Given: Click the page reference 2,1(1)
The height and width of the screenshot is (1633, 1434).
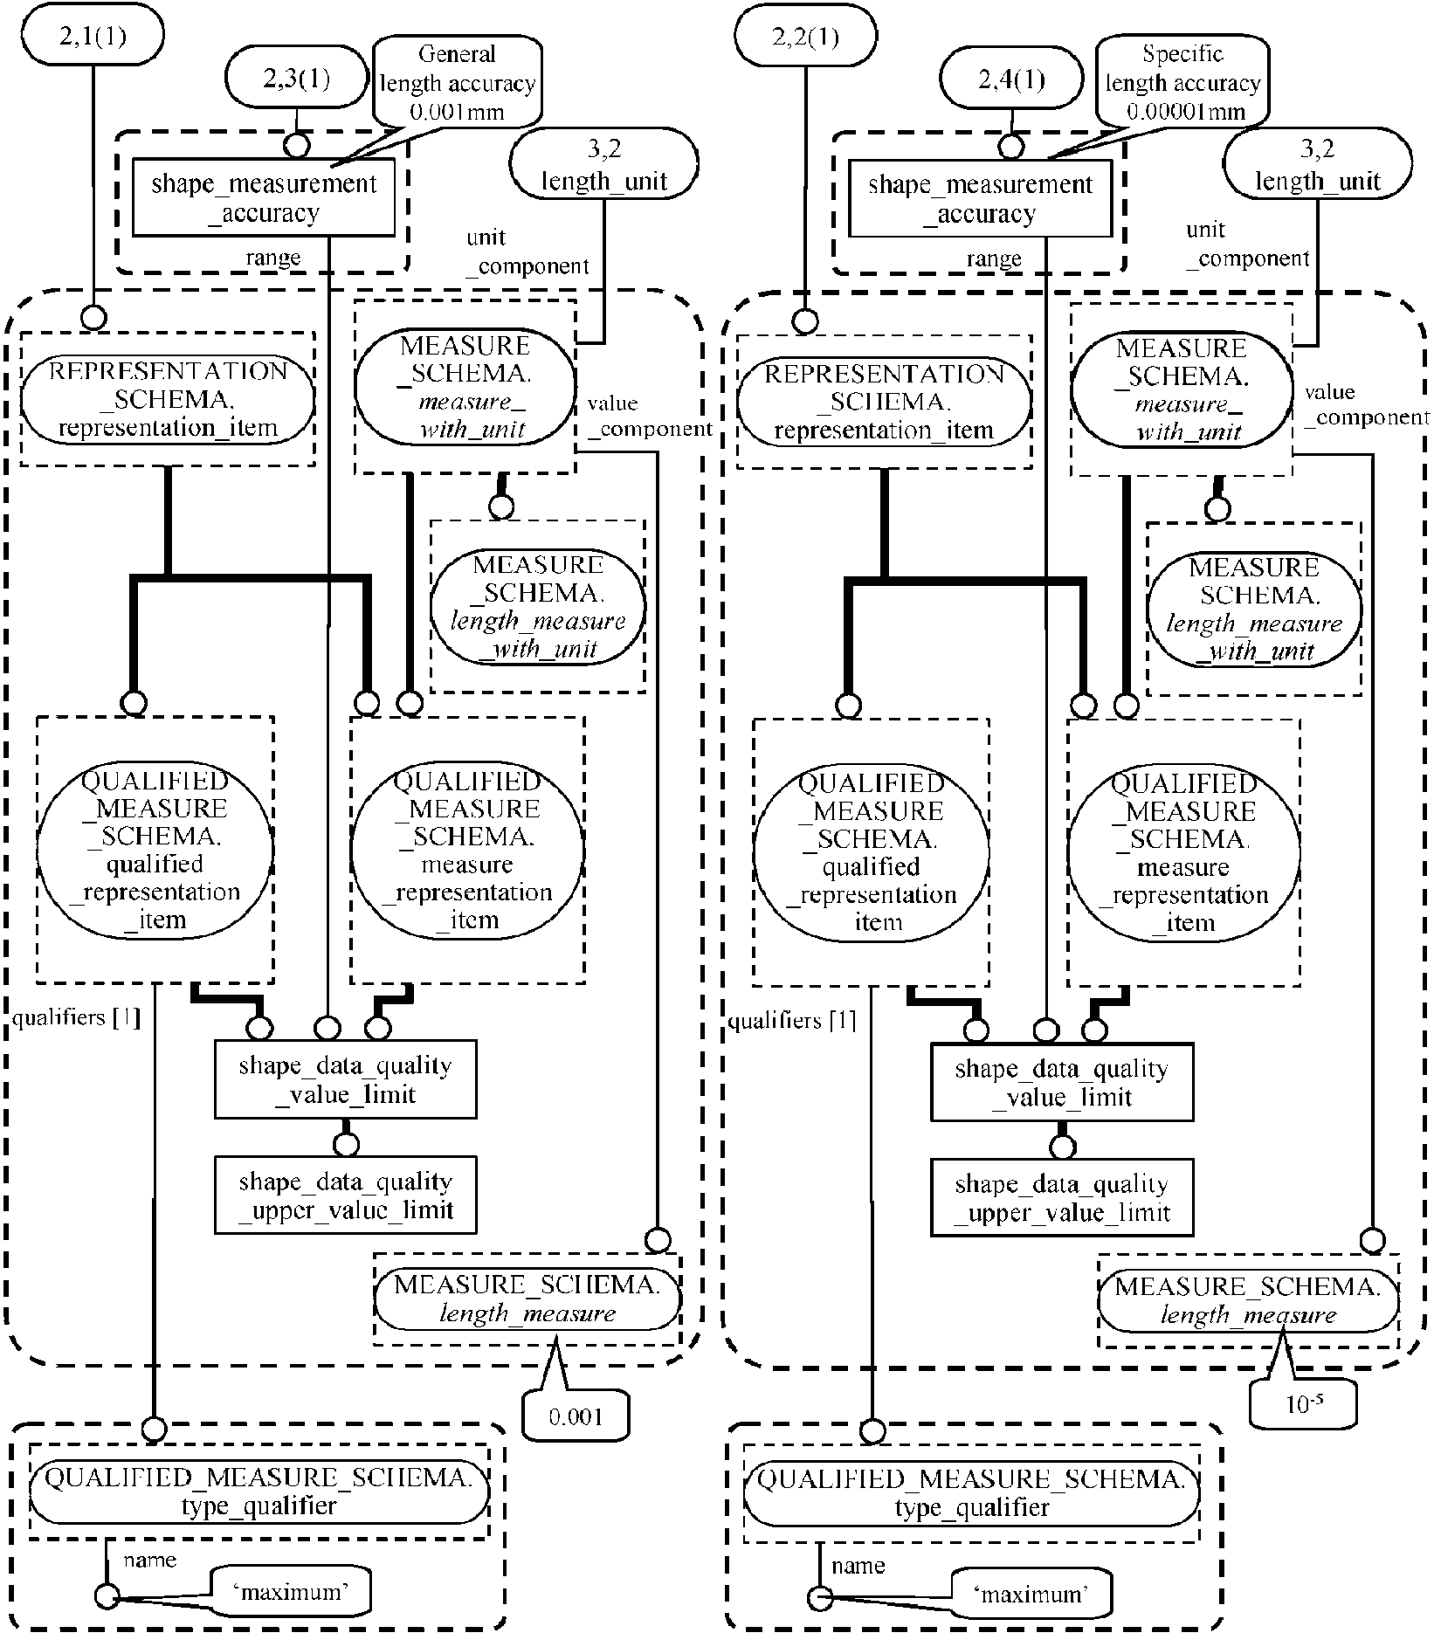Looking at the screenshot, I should click(92, 37).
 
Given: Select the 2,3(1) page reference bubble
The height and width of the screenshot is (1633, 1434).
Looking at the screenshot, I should click(296, 79).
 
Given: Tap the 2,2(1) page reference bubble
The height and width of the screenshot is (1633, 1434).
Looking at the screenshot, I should click(806, 37).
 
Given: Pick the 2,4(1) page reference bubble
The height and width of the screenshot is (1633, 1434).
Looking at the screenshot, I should click(1011, 80).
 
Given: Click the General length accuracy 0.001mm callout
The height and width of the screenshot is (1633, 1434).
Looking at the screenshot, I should click(457, 83).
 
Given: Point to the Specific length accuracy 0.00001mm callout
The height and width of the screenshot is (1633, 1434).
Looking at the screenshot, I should click(1182, 83).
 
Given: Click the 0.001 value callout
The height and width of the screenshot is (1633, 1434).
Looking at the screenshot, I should click(576, 1415).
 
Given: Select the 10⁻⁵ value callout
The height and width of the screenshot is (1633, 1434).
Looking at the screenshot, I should click(1302, 1404).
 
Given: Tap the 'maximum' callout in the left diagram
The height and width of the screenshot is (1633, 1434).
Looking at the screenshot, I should click(290, 1592).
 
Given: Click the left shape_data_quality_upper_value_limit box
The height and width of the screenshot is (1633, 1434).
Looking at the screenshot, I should click(346, 1195).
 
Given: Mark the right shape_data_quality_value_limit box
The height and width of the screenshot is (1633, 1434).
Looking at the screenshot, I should click(1061, 1083).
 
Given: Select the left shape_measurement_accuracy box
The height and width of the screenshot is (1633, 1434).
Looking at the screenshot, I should click(264, 198).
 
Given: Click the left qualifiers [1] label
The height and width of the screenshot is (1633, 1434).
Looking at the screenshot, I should click(76, 1018).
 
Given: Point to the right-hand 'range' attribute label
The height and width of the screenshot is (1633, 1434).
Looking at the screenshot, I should click(993, 259).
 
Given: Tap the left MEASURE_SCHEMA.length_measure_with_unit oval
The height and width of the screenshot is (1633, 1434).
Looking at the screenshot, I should click(537, 606).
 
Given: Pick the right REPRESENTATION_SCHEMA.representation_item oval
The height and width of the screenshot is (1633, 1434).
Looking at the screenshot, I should click(884, 402).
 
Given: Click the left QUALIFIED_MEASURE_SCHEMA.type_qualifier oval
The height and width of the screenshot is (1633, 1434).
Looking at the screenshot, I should click(259, 1492).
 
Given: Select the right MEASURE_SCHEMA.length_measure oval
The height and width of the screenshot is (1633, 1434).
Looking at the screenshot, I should click(1248, 1300).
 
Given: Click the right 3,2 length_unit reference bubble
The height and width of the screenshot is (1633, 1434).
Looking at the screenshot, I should click(1317, 164).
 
